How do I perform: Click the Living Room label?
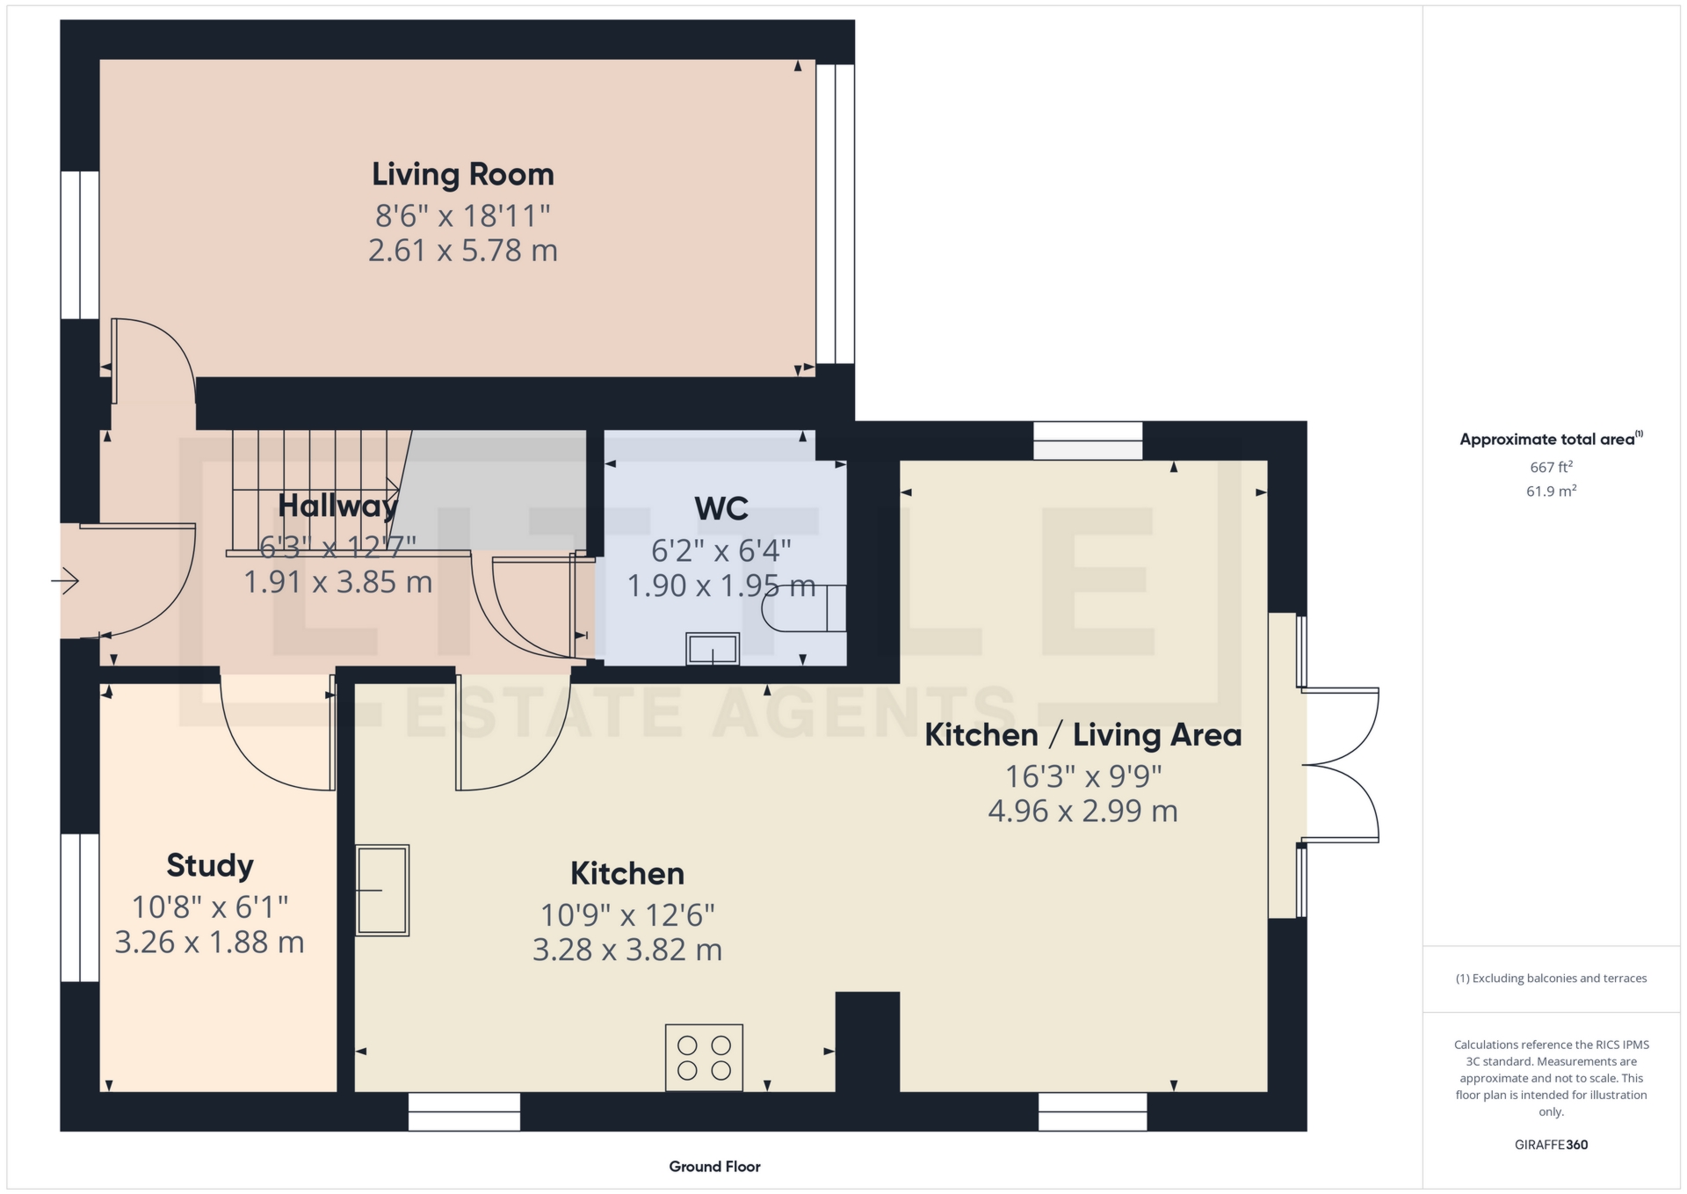tap(463, 174)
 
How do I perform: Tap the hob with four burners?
tap(704, 1058)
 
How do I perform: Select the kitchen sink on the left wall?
tap(382, 890)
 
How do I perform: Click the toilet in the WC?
tap(804, 608)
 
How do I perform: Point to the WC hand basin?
tap(713, 649)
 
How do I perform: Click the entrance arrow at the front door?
tap(65, 581)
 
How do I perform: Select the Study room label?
tap(210, 865)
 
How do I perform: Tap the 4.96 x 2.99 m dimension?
tap(1082, 811)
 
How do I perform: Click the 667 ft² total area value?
tap(1551, 468)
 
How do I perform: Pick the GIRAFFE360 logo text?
tap(1551, 1145)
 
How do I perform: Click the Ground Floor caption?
tap(714, 1167)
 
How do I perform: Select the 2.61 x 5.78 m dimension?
tap(463, 251)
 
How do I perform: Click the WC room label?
tap(721, 508)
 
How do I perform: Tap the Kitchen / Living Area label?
tap(1082, 735)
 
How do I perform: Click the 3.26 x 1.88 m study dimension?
tap(210, 943)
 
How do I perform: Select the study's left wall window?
tap(80, 907)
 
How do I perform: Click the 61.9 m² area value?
tap(1551, 491)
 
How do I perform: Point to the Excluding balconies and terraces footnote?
tap(1551, 979)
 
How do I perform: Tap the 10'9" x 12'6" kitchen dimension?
tap(627, 915)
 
